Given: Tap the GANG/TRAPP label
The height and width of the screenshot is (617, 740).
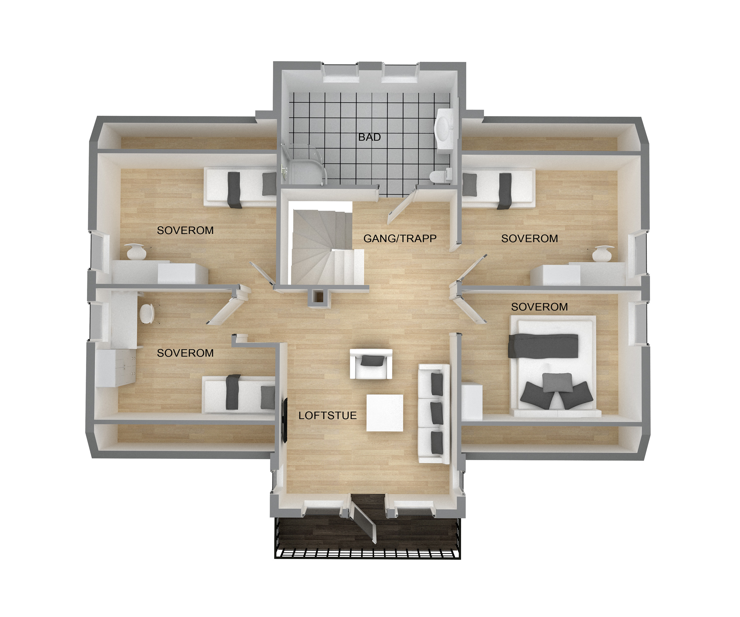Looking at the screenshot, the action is pos(400,239).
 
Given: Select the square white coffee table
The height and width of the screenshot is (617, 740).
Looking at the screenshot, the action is pos(385,412).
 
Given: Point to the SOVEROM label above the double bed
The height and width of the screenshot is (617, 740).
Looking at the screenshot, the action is pos(539,307).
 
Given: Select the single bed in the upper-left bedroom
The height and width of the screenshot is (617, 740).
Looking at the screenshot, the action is pos(240,187).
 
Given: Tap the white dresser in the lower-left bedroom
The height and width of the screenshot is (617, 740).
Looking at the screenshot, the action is pos(116,368).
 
